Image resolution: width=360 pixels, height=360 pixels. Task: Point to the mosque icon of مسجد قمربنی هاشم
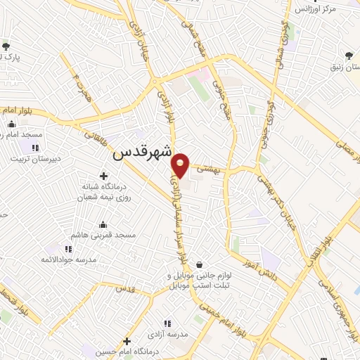pyautogui.click(x=104, y=224)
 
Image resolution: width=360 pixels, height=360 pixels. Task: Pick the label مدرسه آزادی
pyautogui.click(x=171, y=335)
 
